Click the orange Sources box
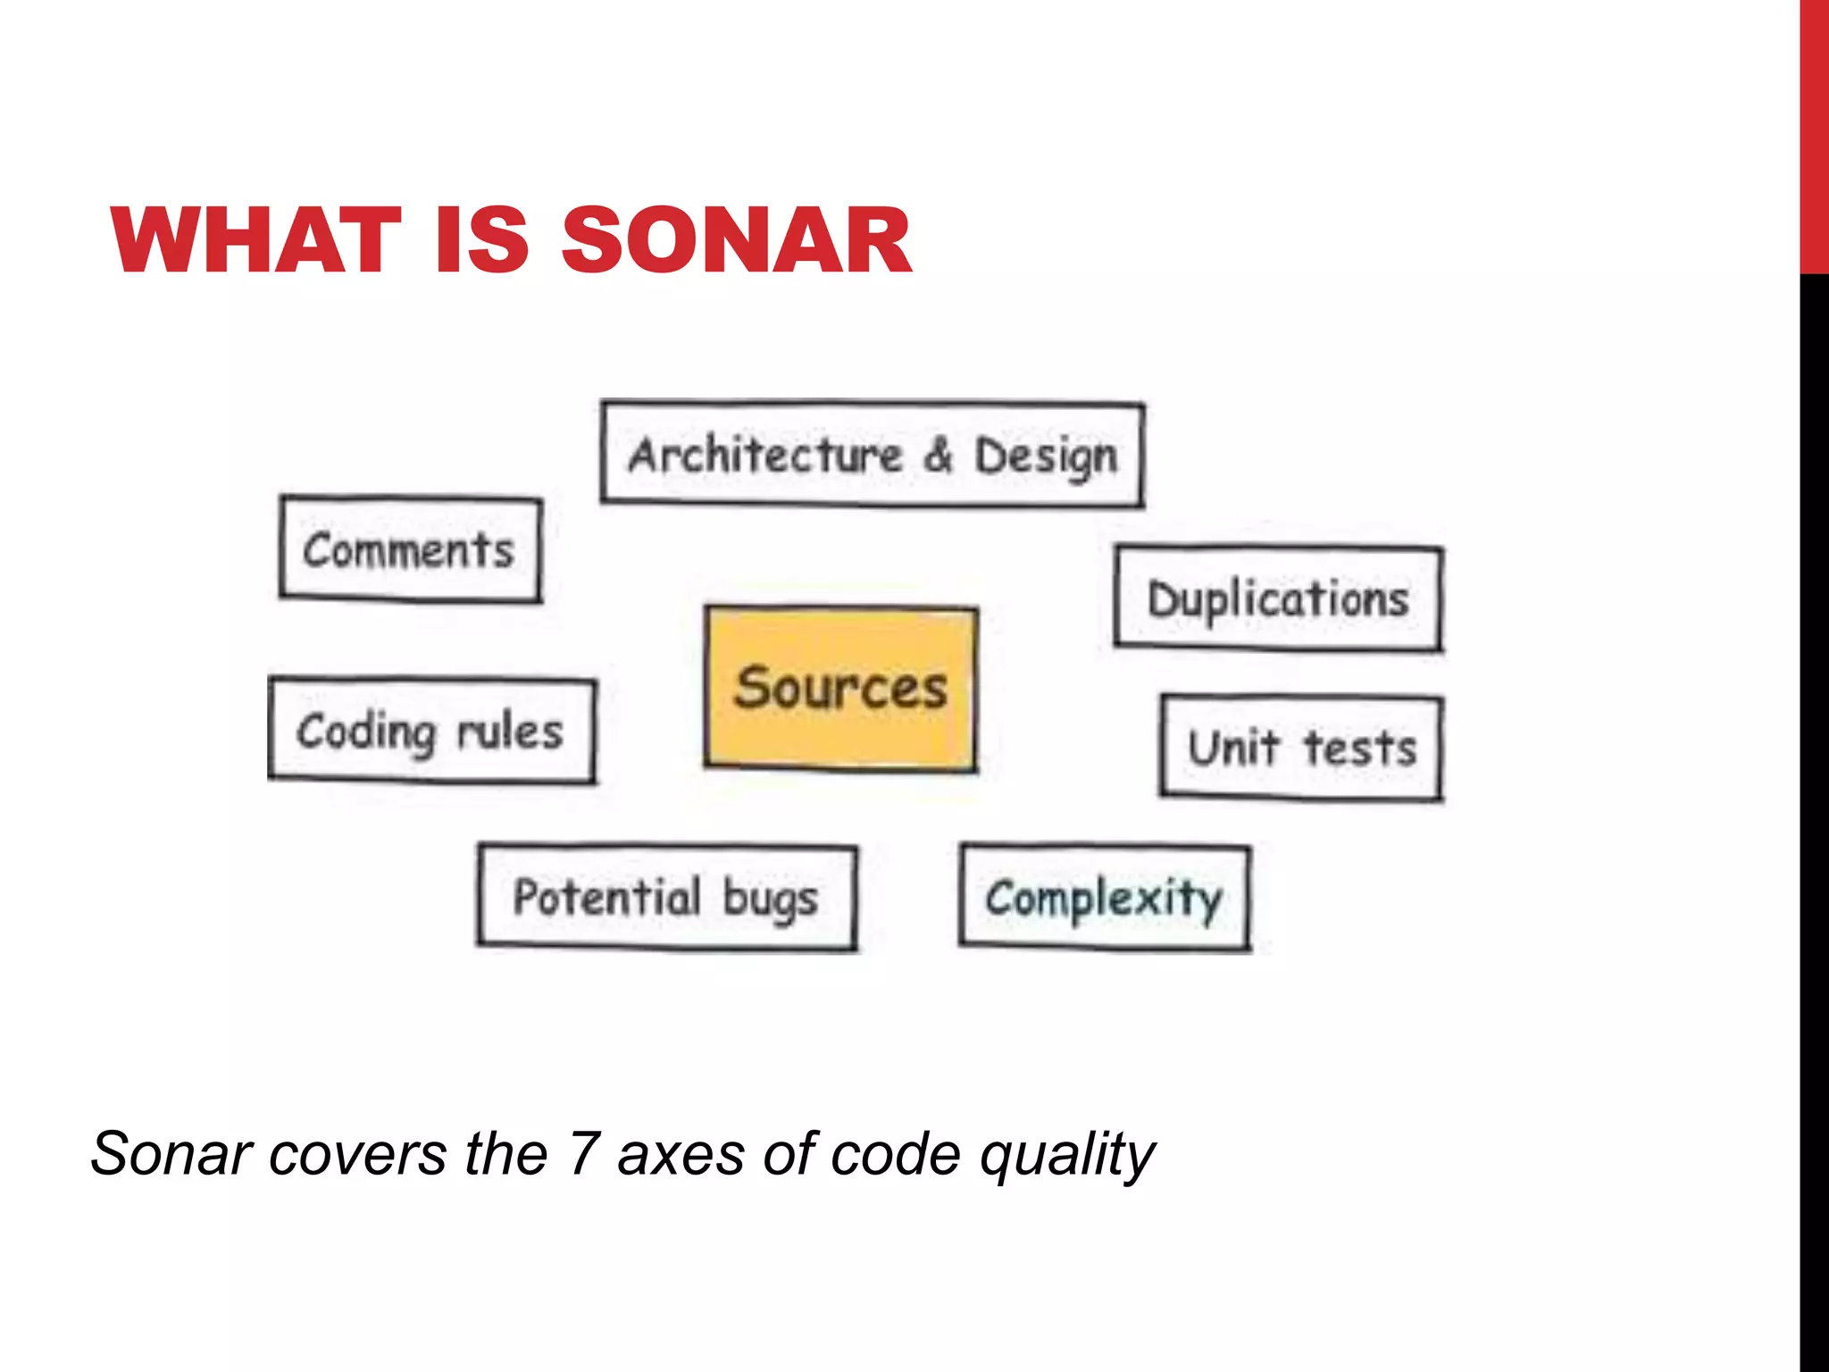click(840, 688)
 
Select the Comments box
click(410, 548)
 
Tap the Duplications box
click(1278, 598)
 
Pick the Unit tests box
click(1301, 748)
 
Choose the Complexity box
click(1105, 897)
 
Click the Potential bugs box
click(666, 897)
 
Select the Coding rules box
click(431, 731)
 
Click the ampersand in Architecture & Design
click(939, 455)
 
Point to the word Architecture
click(765, 455)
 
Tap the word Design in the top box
click(1046, 457)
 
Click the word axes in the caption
click(681, 1155)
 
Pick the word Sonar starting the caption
click(171, 1153)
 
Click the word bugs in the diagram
click(770, 899)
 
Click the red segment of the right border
click(1814, 134)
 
